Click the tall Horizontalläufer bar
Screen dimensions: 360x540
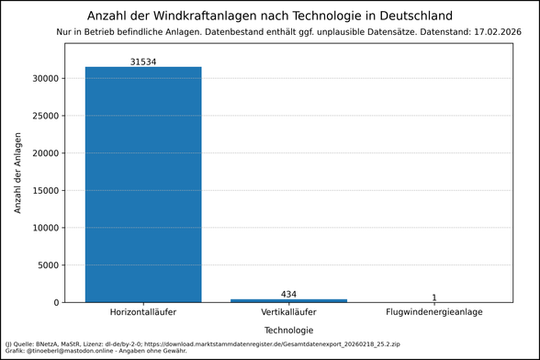[143, 184]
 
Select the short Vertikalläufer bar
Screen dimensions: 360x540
[288, 300]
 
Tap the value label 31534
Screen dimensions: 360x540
[143, 61]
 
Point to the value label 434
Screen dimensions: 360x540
[288, 294]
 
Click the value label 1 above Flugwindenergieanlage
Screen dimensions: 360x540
[433, 298]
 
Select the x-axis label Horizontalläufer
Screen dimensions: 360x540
[143, 313]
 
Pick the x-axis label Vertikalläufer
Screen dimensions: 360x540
[288, 313]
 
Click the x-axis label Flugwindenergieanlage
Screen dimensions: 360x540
[433, 313]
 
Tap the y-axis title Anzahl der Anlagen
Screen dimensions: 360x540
[18, 174]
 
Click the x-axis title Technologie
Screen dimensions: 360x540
[288, 330]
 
